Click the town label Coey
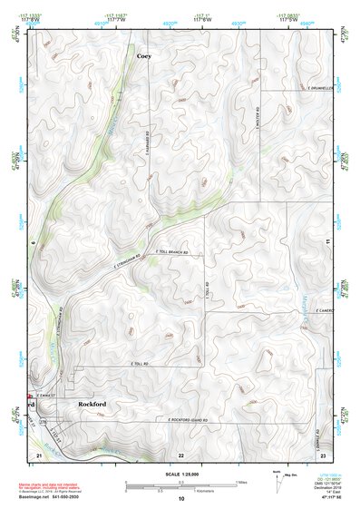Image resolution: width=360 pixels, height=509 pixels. click(x=143, y=56)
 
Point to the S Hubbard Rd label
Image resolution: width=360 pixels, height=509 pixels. click(x=146, y=144)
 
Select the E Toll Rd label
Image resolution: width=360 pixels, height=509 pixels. click(x=138, y=364)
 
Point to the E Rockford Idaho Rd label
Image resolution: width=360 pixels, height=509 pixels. click(x=188, y=420)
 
